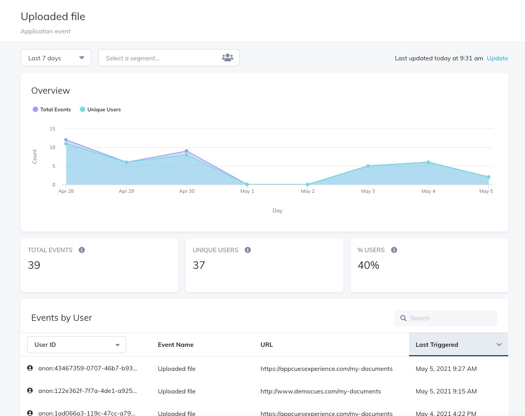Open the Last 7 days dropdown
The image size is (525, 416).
coord(55,58)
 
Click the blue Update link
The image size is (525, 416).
coord(497,58)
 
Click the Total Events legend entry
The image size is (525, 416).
coord(52,109)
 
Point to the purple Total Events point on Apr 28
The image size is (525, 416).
coord(66,140)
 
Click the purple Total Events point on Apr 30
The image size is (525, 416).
coord(187,151)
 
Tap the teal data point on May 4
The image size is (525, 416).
coord(428,162)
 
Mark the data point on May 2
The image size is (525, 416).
coord(307,184)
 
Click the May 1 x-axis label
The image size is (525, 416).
coord(247,191)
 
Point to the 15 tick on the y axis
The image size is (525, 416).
coord(52,129)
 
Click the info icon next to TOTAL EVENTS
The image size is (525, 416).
coord(82,250)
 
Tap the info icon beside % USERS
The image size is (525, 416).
coord(394,250)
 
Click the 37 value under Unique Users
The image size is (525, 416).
coord(199,265)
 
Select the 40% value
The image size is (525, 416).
coord(368,265)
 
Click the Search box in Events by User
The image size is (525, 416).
coord(445,318)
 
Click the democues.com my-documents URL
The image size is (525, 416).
coord(321,391)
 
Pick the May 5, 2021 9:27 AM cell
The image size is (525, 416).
coord(446,369)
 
